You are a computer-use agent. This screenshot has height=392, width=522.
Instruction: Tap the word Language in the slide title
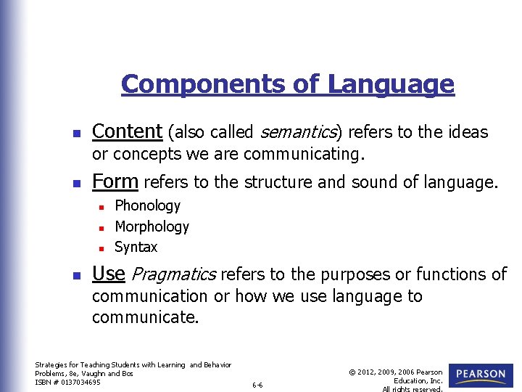pyautogui.click(x=391, y=84)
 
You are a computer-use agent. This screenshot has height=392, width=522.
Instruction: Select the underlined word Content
pyautogui.click(x=127, y=131)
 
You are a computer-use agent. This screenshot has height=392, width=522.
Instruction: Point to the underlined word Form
pyautogui.click(x=116, y=181)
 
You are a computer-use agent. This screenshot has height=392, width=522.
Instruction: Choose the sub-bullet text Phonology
pyautogui.click(x=147, y=206)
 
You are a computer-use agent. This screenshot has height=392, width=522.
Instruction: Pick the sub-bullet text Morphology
pyautogui.click(x=152, y=226)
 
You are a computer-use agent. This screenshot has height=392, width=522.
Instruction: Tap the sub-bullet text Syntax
pyautogui.click(x=136, y=247)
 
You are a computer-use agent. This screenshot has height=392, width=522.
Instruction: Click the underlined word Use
pyautogui.click(x=109, y=274)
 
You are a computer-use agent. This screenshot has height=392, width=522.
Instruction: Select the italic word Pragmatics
pyautogui.click(x=174, y=274)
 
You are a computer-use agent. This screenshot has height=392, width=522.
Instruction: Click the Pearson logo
pyautogui.click(x=481, y=375)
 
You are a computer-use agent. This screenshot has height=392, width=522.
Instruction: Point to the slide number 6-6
pyautogui.click(x=258, y=385)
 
